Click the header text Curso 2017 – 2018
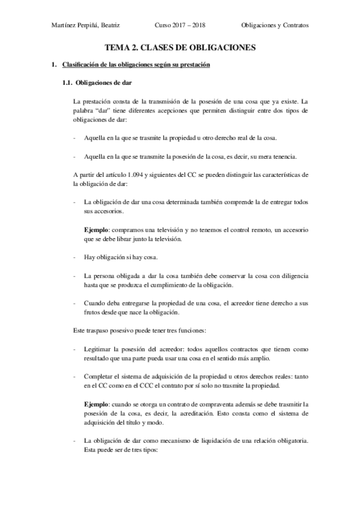click(180, 26)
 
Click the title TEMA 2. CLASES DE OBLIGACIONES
click(180, 46)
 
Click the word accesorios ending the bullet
click(109, 212)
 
